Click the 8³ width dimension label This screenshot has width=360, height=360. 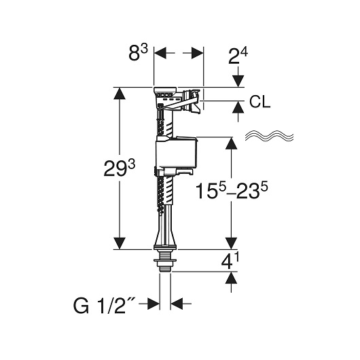[x=138, y=52]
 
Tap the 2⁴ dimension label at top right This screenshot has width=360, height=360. [x=238, y=56]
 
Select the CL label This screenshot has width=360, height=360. [x=260, y=102]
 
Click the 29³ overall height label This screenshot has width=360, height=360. [x=120, y=168]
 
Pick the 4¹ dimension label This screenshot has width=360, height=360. [x=230, y=262]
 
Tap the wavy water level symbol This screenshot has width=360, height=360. [x=269, y=137]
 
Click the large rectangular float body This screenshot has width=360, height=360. [x=176, y=154]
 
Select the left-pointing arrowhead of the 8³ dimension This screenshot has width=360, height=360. [x=160, y=53]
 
